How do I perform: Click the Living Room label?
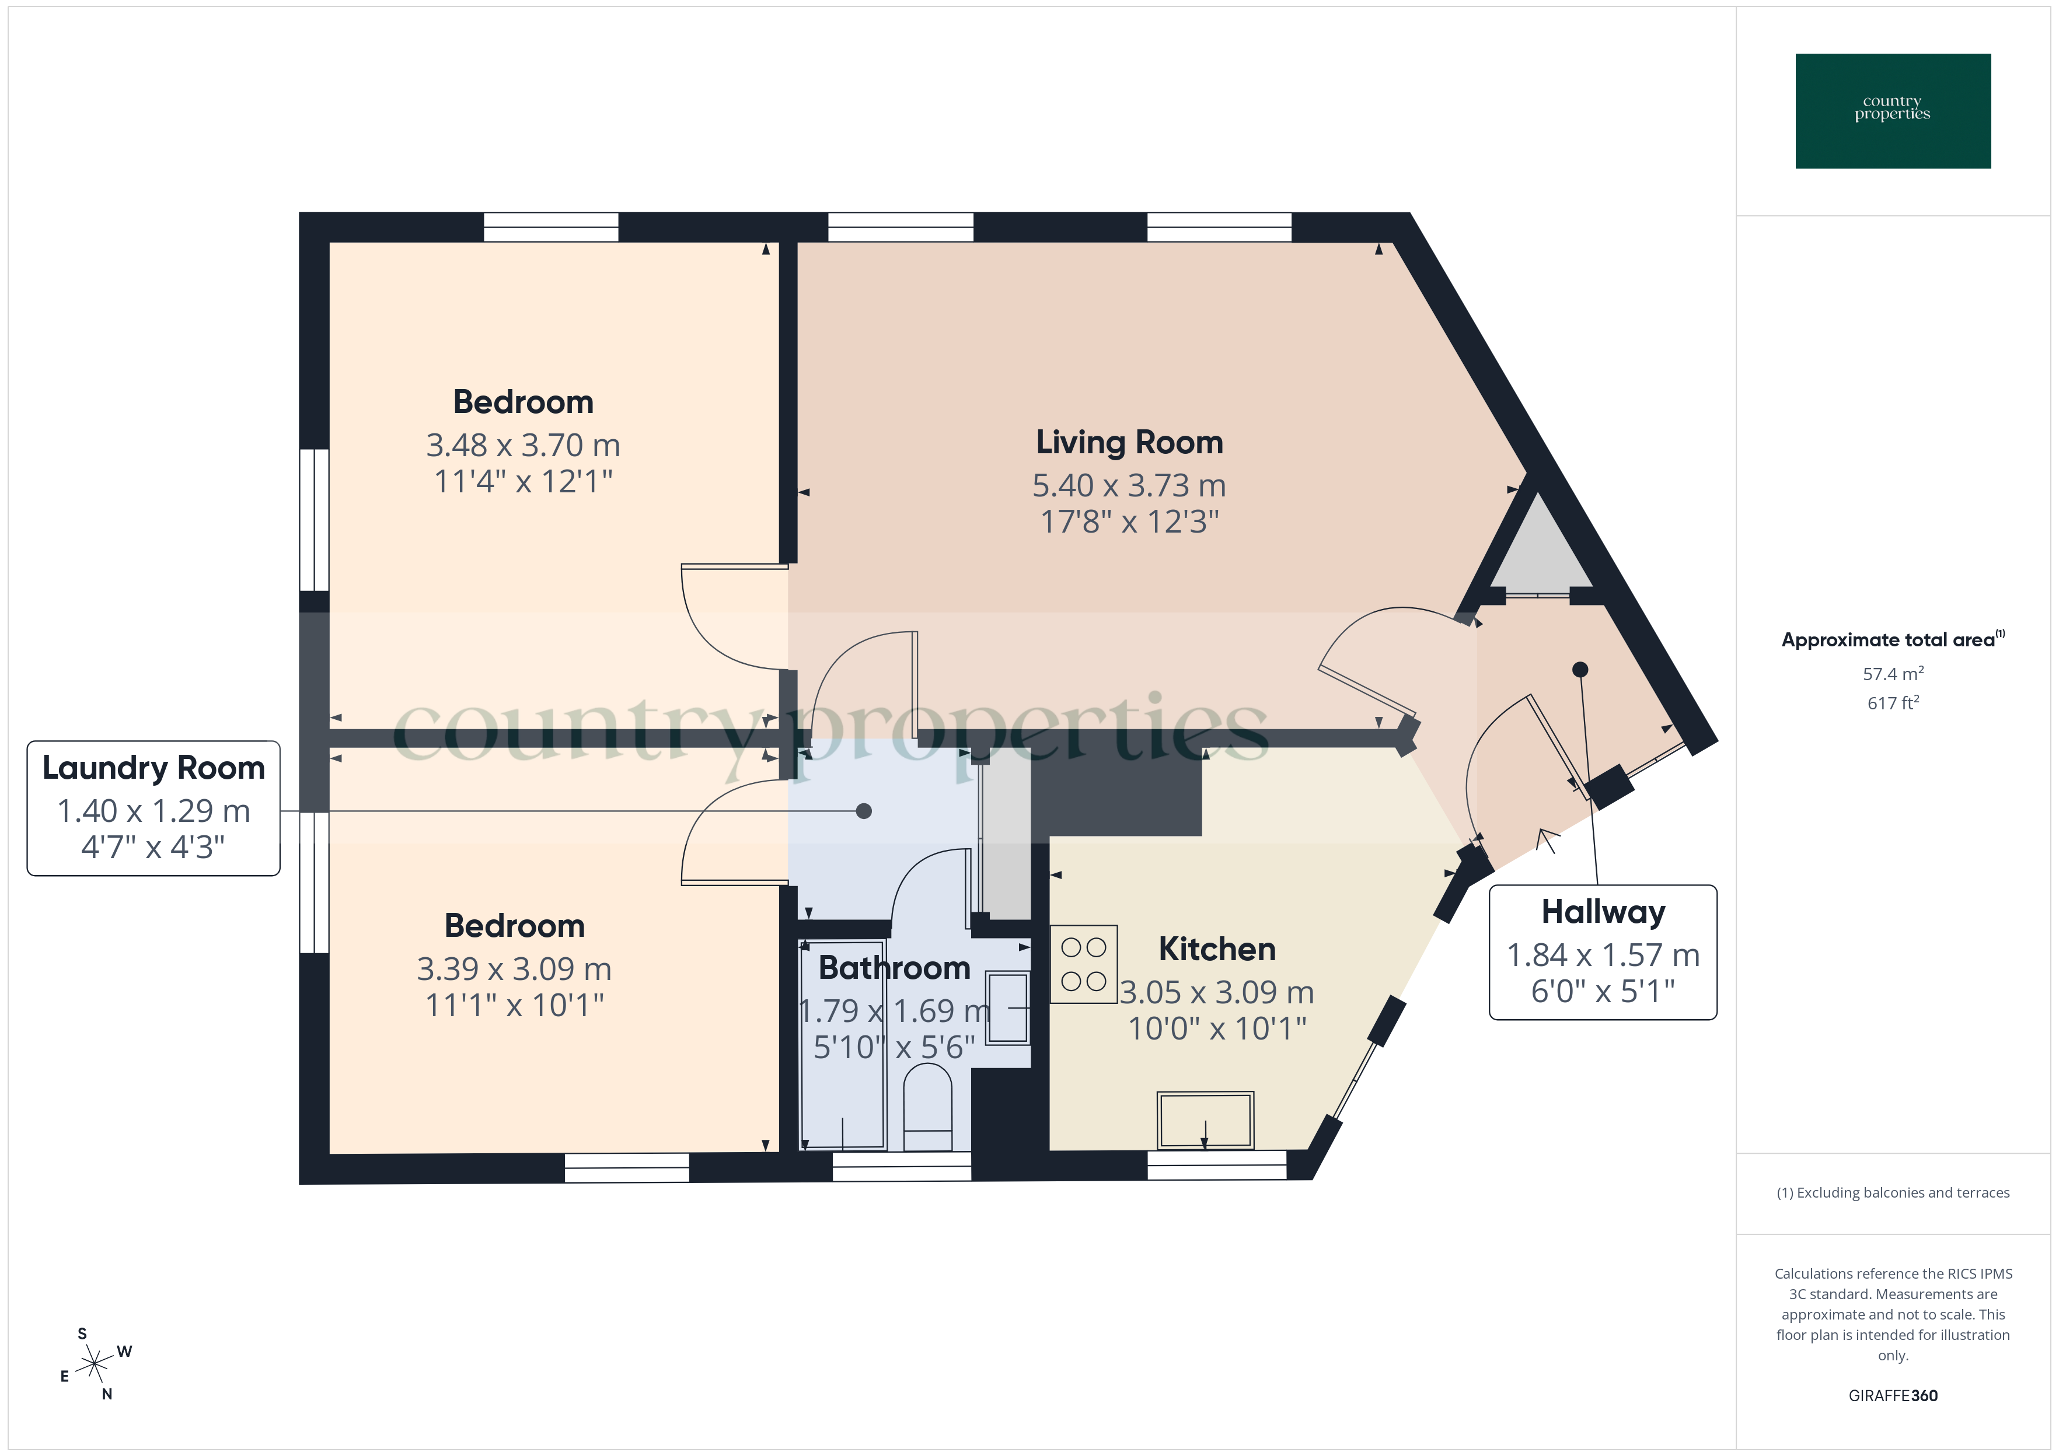point(1129,442)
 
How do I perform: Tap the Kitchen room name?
point(1216,949)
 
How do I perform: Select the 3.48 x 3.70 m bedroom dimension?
point(523,444)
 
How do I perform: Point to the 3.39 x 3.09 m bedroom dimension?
point(514,968)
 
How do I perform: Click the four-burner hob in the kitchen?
point(1083,964)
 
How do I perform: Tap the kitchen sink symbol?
point(1205,1120)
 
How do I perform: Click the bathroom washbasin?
point(1008,1008)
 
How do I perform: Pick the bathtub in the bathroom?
point(842,1045)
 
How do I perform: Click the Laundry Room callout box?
point(153,808)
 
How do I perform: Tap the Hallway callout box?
point(1603,952)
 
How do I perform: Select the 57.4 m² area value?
point(1892,673)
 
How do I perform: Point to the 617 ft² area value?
point(1892,703)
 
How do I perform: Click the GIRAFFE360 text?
point(1892,1395)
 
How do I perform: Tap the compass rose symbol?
point(94,1364)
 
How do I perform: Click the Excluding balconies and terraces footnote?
point(1892,1192)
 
